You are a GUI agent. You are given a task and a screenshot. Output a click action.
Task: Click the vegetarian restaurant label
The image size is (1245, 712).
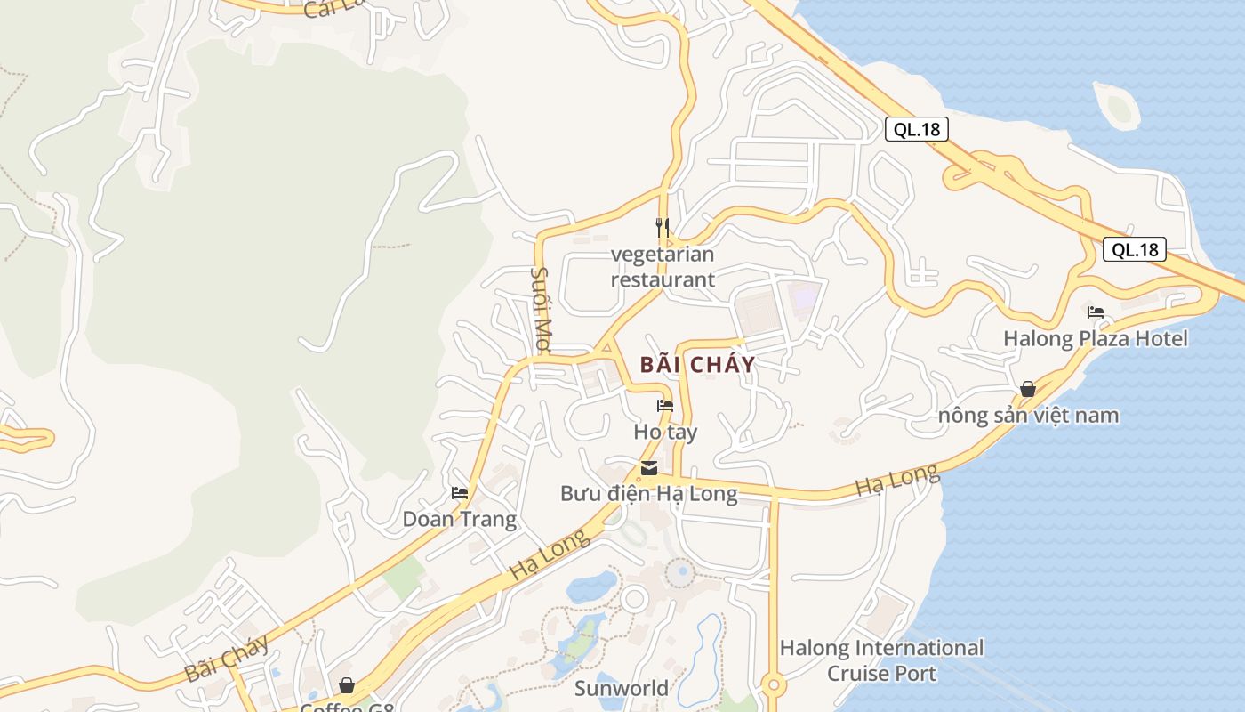663,267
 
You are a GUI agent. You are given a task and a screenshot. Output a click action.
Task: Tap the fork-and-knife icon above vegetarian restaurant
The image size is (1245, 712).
663,228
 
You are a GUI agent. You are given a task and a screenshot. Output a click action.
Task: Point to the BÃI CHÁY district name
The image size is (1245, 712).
697,364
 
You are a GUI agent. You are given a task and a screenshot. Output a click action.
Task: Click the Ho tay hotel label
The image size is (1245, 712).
665,433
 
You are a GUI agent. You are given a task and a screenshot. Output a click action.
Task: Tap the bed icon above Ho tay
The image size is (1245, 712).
665,406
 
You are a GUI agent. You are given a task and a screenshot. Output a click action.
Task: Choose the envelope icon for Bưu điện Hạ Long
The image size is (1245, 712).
649,468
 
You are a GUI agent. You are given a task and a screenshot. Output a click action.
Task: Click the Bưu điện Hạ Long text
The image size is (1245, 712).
649,494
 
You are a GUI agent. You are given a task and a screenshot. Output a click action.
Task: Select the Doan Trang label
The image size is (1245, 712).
460,519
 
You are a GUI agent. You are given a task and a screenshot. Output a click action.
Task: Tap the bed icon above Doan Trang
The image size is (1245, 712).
460,493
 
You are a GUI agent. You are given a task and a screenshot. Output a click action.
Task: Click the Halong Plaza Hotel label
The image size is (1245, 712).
1096,339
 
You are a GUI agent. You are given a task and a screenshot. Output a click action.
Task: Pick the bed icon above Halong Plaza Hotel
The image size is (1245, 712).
1096,312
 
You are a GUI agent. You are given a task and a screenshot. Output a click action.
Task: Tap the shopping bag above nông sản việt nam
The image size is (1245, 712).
1028,389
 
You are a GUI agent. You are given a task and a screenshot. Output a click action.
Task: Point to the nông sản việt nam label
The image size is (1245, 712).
1029,416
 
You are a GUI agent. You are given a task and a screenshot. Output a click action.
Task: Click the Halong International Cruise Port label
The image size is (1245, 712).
882,660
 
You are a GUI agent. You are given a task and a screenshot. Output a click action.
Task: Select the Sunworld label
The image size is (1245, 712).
622,688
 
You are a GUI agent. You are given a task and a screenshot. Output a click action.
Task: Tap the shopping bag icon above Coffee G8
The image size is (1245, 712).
347,685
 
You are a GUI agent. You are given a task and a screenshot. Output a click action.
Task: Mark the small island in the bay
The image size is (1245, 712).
1118,107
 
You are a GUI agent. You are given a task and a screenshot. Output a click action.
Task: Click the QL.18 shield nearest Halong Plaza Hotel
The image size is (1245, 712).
1135,250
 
